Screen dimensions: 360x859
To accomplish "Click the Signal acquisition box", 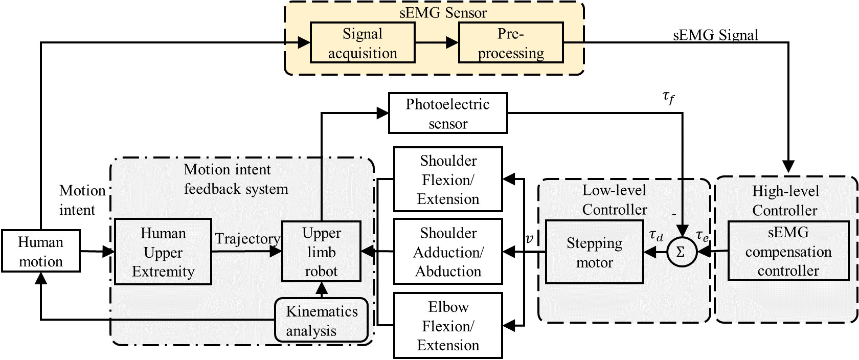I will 363,43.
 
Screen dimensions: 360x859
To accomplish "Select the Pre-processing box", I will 511,43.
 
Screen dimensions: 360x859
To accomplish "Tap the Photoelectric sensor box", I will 448,113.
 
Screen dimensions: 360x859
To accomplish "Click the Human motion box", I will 40,251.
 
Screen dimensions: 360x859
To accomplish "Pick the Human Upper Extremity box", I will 163,252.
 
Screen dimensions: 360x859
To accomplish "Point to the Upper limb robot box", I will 321,251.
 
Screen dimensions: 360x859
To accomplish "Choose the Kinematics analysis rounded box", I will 321,320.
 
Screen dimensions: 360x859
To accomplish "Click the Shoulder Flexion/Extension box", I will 448,179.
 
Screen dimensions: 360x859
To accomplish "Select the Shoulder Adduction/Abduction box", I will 448,252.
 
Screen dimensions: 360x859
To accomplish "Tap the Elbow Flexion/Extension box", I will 448,325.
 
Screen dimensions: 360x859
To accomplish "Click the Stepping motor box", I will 594,252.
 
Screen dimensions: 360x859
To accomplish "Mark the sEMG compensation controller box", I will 788,251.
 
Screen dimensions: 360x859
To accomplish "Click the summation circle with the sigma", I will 681,252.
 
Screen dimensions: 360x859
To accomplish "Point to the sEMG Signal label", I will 715,35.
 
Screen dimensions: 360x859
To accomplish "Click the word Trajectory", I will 247,239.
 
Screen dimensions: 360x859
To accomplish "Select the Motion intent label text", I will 78,200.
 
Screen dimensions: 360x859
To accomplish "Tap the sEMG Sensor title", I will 443,12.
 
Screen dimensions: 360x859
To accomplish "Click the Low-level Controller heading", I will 614,199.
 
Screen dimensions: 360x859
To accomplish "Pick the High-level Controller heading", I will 785,200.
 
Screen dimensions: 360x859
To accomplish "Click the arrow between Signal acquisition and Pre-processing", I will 437,43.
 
